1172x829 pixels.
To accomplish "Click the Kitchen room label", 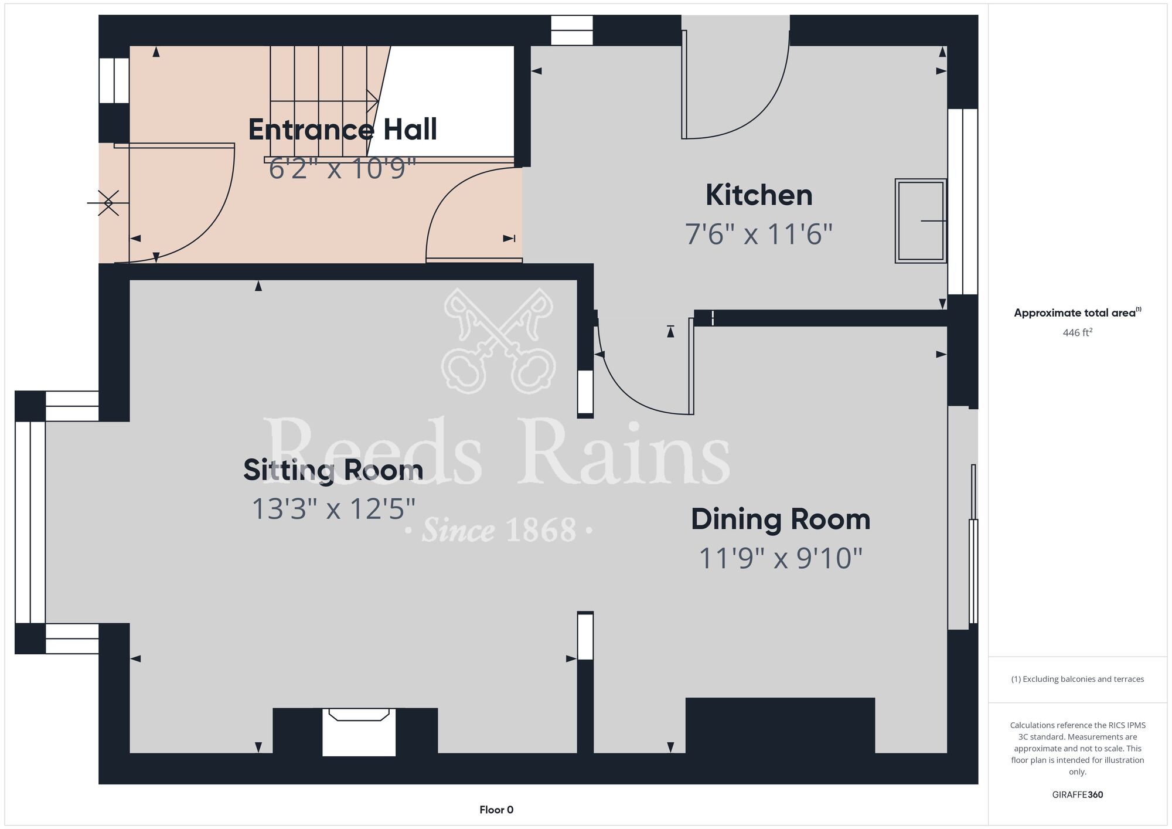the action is click(x=759, y=195).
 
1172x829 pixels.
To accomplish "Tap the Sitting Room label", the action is click(x=333, y=470).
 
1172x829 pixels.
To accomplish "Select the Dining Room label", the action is click(x=781, y=519).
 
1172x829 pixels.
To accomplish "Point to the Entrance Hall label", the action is click(x=343, y=130).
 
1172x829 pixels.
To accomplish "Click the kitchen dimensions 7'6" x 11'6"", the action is click(x=759, y=235).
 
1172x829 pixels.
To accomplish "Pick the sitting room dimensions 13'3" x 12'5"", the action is click(x=333, y=509).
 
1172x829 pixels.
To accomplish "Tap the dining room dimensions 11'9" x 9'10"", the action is click(x=781, y=558).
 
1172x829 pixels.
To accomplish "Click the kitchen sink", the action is click(x=921, y=220).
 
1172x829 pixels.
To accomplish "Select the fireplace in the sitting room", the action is click(x=359, y=732).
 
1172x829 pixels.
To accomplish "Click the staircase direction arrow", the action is click(x=324, y=101).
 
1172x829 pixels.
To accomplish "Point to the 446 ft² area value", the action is click(x=1078, y=332).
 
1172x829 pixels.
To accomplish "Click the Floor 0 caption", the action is click(x=496, y=810).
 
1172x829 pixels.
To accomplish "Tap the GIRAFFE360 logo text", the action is click(x=1078, y=795).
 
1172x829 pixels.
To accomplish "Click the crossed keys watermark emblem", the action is click(x=499, y=341).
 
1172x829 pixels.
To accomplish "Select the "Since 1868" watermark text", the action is click(x=499, y=530).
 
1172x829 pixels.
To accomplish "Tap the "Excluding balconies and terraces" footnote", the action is click(x=1077, y=679).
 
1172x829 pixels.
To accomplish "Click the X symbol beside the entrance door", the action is click(x=108, y=203).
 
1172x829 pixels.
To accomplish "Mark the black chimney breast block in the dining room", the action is click(x=780, y=726).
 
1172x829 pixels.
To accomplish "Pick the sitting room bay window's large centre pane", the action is click(x=30, y=522).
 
